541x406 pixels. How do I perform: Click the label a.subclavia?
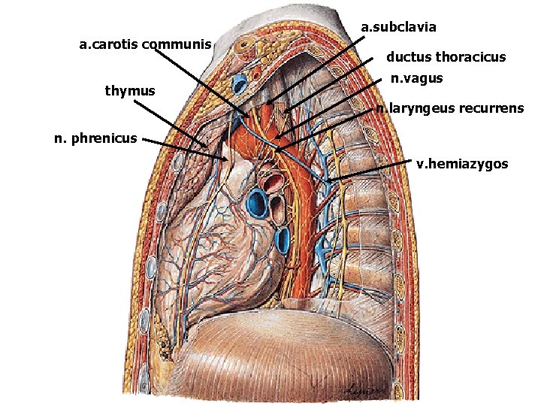(x=398, y=28)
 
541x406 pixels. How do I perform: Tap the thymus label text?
(x=130, y=91)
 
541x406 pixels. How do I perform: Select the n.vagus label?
(x=417, y=77)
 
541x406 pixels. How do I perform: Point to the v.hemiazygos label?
(x=462, y=163)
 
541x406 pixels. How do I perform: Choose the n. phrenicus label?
(x=95, y=138)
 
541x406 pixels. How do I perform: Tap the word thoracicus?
(x=471, y=57)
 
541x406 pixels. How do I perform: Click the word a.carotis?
(x=111, y=44)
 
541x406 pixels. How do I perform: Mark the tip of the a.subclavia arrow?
(x=267, y=103)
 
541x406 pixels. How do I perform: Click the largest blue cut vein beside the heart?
(x=258, y=204)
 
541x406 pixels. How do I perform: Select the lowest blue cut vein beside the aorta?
(x=283, y=241)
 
